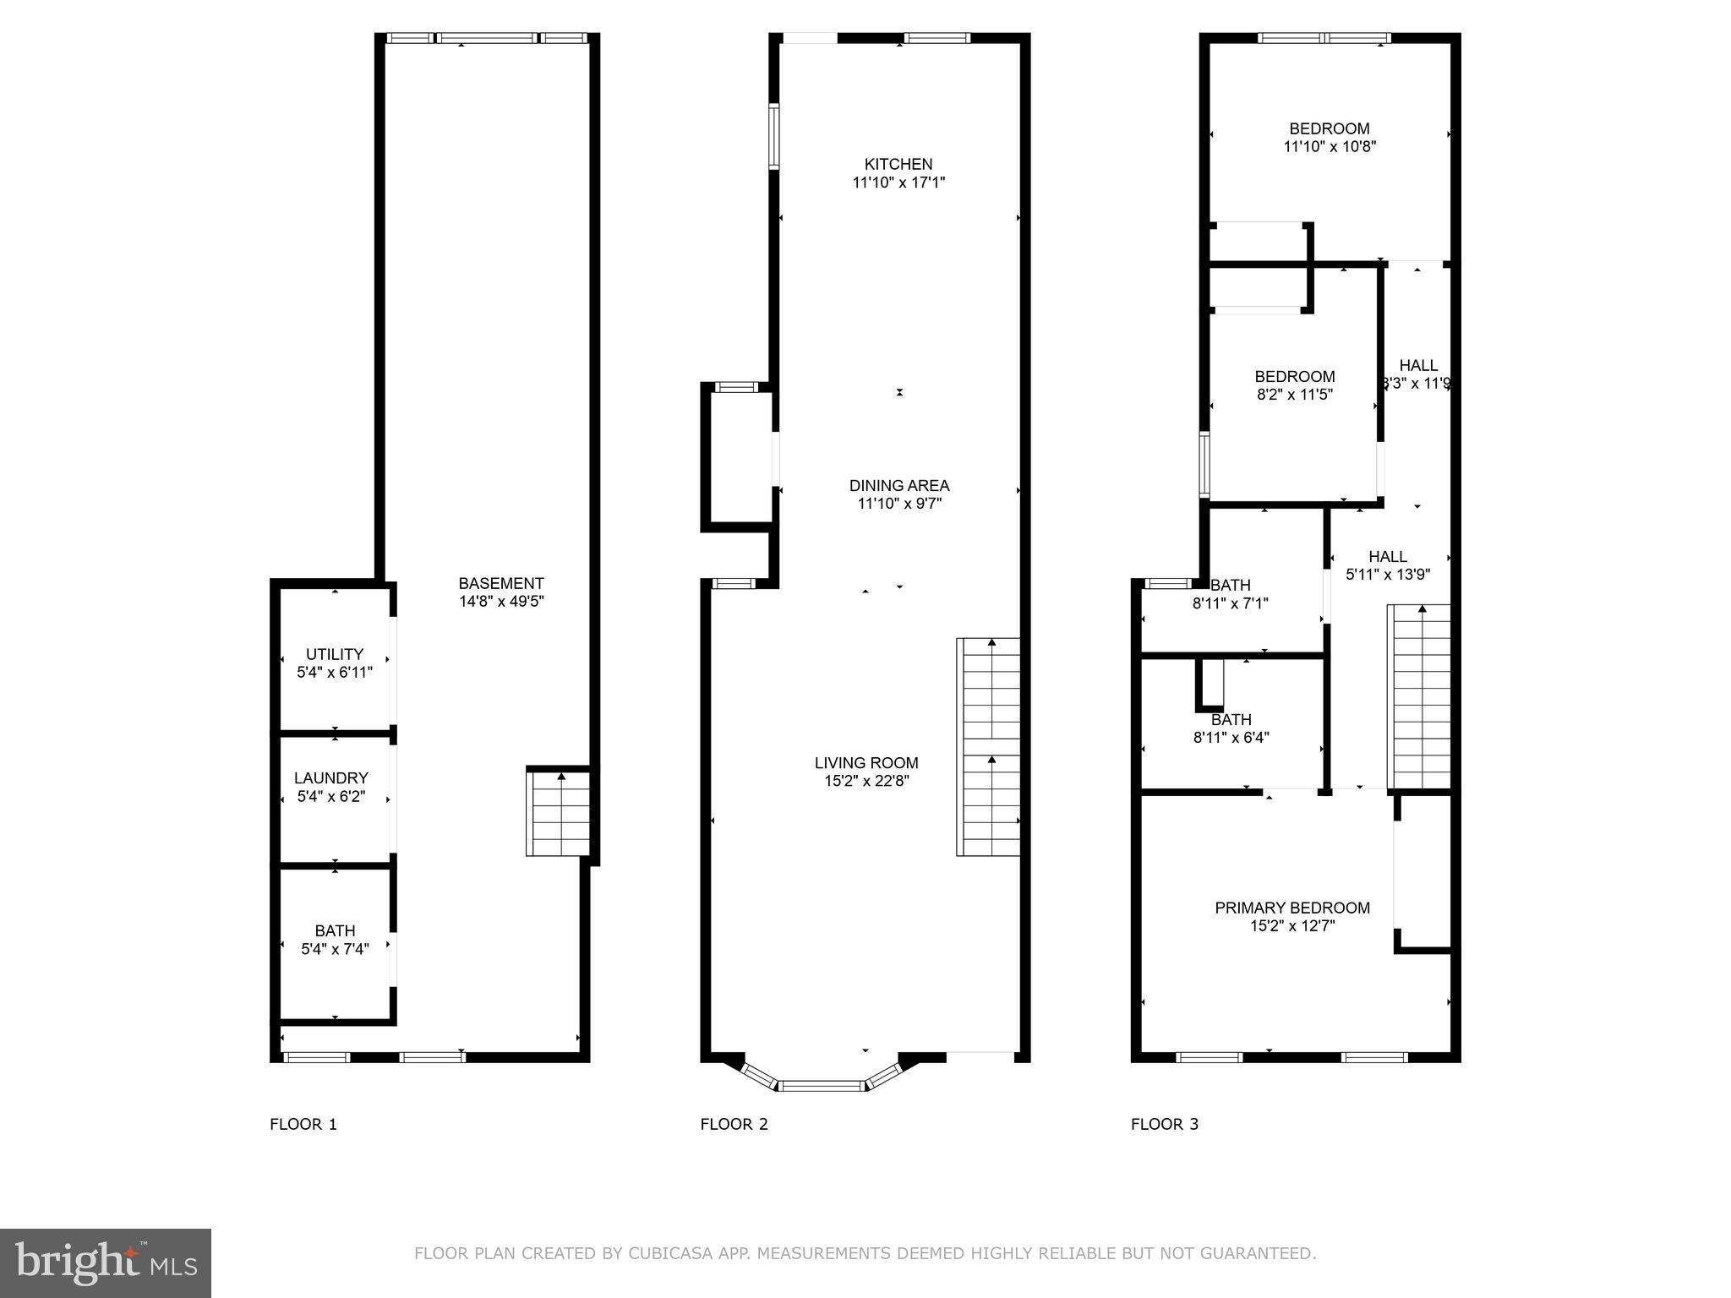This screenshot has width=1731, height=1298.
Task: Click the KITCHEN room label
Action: pos(898,164)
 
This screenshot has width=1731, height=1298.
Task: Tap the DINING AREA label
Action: pos(898,485)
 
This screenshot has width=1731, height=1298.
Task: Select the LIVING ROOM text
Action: pos(866,762)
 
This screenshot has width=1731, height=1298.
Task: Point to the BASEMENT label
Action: pos(501,583)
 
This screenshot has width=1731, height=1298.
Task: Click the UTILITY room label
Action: pos(335,654)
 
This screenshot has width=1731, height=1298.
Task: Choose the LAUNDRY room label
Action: pos(331,777)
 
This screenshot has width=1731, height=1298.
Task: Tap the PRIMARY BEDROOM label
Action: pos(1292,908)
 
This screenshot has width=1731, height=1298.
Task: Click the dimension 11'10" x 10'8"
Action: pos(1330,146)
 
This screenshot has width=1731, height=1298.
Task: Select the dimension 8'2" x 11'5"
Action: pos(1295,394)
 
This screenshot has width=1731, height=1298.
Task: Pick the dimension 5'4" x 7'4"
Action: pos(336,949)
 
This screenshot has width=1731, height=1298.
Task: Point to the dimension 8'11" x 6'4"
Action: pos(1231,737)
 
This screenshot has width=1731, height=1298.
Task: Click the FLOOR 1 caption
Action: pos(303,1124)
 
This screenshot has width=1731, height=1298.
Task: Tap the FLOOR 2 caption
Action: pos(734,1124)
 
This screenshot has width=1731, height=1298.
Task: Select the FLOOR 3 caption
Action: pos(1165,1124)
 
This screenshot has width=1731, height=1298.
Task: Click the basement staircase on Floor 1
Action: pos(558,813)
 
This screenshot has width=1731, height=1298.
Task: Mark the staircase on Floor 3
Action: pos(1419,697)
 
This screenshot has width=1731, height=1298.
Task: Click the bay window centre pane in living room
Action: pos(822,1085)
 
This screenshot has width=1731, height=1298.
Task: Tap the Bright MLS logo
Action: pos(106,1263)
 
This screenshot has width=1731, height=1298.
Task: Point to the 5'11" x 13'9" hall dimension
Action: pos(1388,575)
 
